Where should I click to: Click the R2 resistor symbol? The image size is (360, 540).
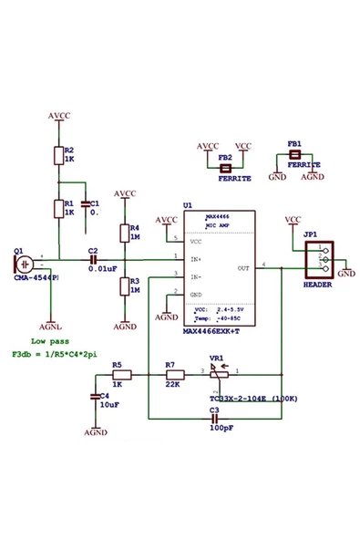[x=57, y=155]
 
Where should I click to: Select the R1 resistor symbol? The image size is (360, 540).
[x=57, y=208]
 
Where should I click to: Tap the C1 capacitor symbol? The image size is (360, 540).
[x=86, y=204]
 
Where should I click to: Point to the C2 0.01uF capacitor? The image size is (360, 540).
[x=92, y=258]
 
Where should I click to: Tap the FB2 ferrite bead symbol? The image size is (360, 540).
[x=226, y=168]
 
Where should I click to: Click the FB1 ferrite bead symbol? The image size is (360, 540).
[x=293, y=155]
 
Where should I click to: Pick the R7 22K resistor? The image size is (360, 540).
[x=175, y=374]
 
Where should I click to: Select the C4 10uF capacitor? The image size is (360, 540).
[x=95, y=396]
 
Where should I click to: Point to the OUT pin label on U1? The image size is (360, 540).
[x=242, y=268]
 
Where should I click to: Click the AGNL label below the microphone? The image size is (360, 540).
[x=52, y=325]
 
